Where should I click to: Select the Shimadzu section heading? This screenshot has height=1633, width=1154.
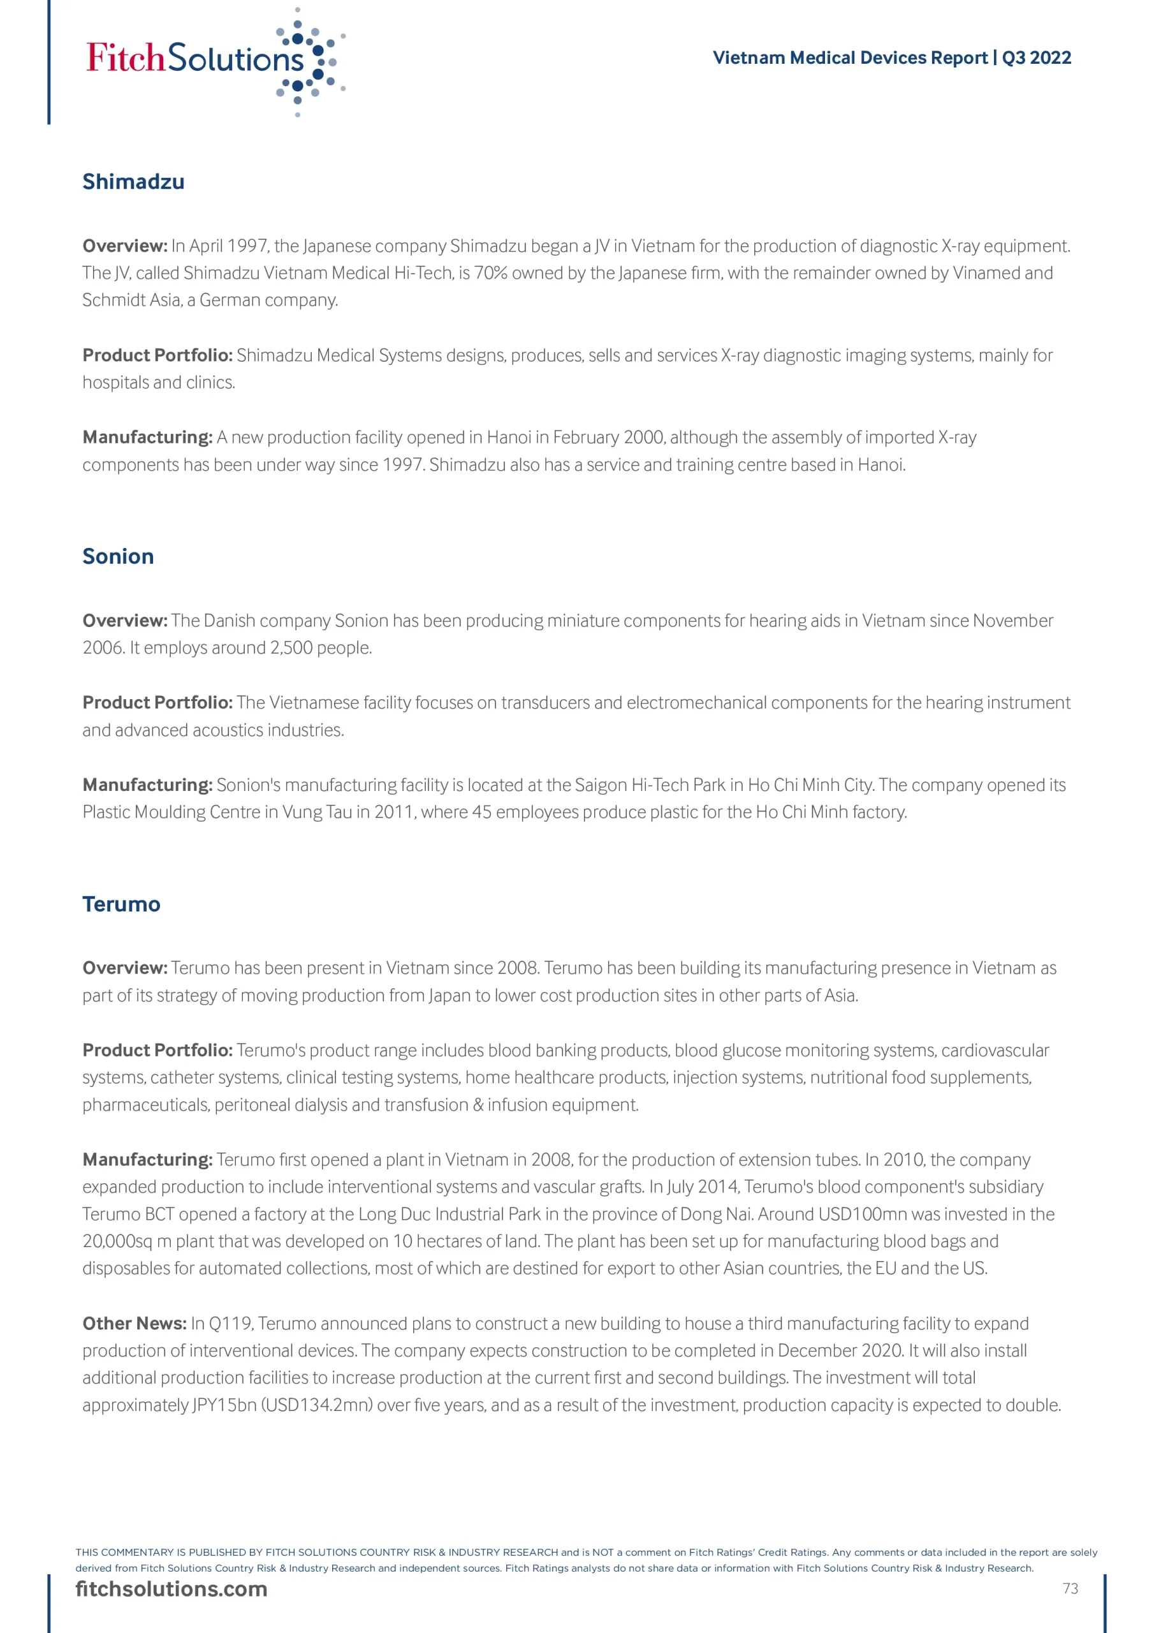[x=133, y=182]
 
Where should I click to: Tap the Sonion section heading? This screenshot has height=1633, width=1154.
[x=118, y=556]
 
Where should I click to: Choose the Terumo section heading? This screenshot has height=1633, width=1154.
[x=121, y=904]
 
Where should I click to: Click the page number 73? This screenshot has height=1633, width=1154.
[x=1070, y=1589]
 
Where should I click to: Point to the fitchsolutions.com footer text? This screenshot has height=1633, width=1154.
[x=172, y=1589]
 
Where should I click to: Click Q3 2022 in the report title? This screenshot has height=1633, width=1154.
[x=1036, y=57]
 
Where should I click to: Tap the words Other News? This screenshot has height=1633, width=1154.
[x=135, y=1324]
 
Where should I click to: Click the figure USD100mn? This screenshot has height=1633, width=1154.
[x=863, y=1214]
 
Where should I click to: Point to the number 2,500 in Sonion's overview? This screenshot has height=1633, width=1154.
[x=291, y=648]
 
